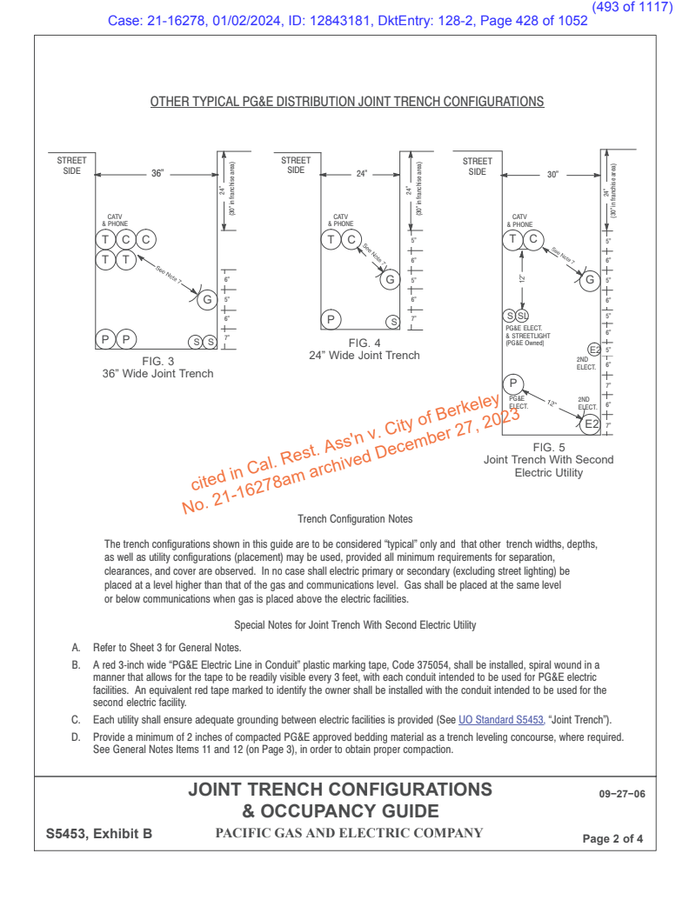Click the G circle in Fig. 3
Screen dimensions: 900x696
[207, 300]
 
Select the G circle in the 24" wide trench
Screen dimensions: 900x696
[390, 279]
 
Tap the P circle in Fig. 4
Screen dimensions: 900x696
[331, 320]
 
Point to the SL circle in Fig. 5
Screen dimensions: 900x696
[522, 315]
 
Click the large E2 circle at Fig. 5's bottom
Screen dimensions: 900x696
[591, 423]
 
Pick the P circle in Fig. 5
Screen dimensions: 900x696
[513, 383]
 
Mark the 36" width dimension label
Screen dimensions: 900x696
[157, 174]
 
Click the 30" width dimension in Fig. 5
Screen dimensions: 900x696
[552, 174]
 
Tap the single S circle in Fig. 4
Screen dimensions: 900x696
[392, 322]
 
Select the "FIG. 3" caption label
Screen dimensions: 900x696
[157, 361]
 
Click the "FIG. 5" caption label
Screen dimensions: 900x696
[548, 447]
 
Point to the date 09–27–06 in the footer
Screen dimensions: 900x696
[622, 795]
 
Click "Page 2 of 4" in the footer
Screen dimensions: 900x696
[613, 839]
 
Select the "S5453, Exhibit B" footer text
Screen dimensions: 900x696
[99, 834]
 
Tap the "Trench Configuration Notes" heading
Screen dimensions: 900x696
[354, 519]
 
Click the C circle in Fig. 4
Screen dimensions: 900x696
[351, 239]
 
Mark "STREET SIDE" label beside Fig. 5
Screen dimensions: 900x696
[478, 166]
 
